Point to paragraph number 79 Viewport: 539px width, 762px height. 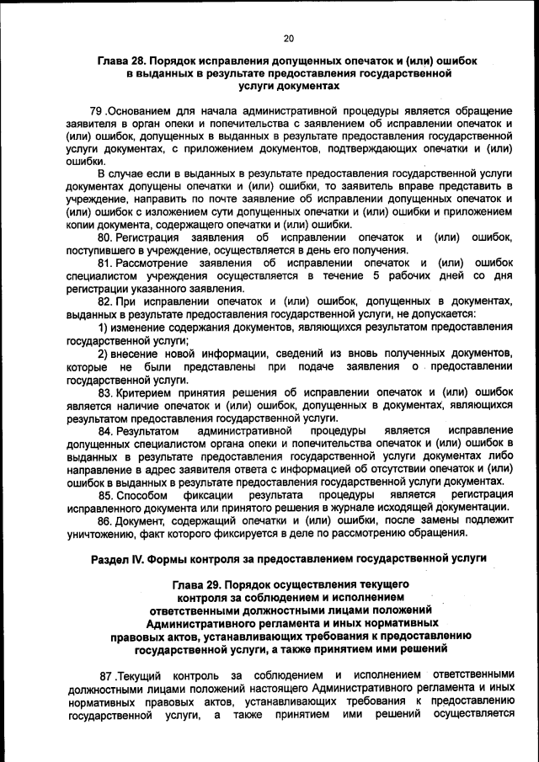pos(94,111)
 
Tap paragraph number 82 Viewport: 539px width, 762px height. pos(105,301)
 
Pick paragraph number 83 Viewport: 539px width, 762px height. pos(105,392)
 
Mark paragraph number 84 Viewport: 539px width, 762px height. pos(105,430)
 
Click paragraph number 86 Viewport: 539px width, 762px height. pos(105,520)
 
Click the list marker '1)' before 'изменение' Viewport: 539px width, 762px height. pos(104,327)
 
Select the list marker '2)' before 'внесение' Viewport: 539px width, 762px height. pos(104,352)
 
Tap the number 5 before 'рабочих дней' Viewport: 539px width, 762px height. pos(377,275)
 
